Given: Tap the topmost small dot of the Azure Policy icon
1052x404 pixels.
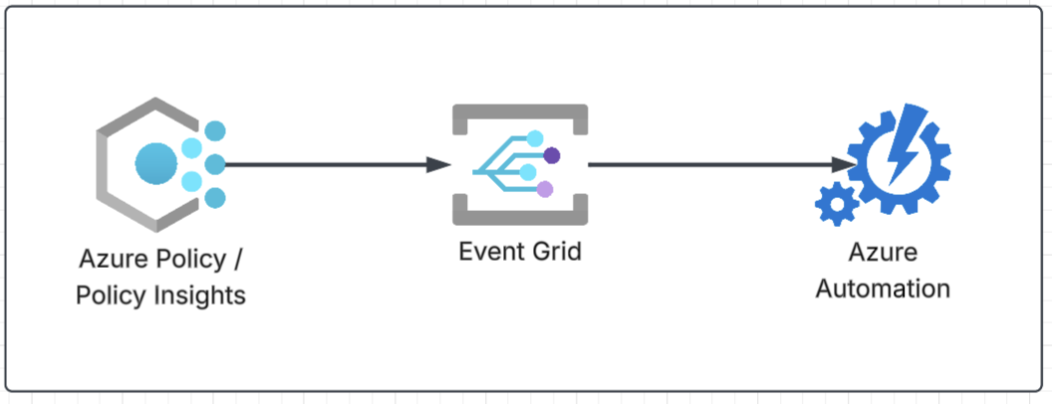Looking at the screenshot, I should [214, 131].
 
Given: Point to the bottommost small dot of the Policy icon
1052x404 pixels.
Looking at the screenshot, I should [214, 198].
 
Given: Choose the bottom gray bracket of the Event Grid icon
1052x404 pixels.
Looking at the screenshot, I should [519, 213].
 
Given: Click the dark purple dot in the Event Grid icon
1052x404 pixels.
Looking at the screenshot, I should [551, 154].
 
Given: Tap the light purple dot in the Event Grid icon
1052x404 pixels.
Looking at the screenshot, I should [544, 189].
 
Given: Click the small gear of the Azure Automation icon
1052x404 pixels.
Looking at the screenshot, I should [836, 204].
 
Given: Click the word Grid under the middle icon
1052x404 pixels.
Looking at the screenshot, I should [554, 251].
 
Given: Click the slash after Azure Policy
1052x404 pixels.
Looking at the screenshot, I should [236, 261].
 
